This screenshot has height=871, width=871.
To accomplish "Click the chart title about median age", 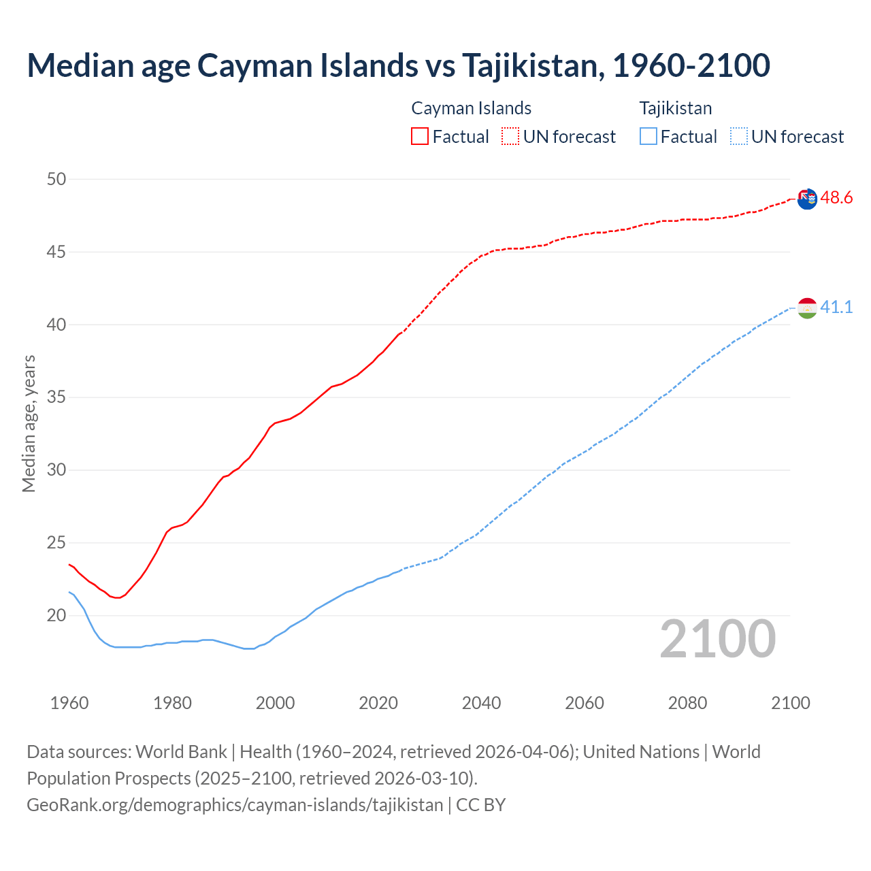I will (x=398, y=65).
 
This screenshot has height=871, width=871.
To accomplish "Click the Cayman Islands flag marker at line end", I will (x=807, y=199).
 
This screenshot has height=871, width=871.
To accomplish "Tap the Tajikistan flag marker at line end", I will (x=807, y=308).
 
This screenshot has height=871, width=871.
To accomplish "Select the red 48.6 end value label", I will (x=836, y=198).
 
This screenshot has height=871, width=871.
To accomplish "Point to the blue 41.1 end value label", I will (x=836, y=308).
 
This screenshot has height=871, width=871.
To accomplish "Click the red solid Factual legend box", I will (x=420, y=137).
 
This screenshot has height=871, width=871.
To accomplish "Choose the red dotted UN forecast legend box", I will (x=510, y=137).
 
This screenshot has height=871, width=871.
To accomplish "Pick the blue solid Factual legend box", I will (x=648, y=137).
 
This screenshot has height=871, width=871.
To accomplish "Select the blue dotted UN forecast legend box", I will (x=738, y=137).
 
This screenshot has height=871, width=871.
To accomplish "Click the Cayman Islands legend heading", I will (x=471, y=108).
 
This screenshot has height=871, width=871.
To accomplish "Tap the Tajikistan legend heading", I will (x=675, y=108).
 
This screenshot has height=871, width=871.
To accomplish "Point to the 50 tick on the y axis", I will (x=56, y=180).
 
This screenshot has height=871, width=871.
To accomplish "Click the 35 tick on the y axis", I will (x=56, y=397).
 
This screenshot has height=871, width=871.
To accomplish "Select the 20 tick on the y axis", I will (x=56, y=616).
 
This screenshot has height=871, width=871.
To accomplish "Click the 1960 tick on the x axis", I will (x=69, y=703).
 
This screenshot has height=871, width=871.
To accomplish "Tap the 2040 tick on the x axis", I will (x=481, y=703).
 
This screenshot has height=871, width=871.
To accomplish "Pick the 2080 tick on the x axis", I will (x=687, y=703).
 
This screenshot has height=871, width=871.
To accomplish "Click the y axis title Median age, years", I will (x=29, y=423).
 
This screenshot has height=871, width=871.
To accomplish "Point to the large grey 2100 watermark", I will (x=717, y=639).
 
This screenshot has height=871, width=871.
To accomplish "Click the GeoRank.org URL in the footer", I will (x=235, y=805).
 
